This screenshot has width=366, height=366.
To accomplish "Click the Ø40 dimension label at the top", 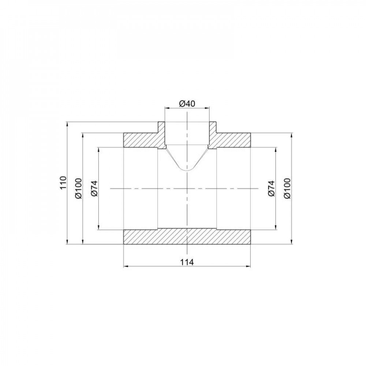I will pos(187,104).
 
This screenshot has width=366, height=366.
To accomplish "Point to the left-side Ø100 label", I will pos(78,188).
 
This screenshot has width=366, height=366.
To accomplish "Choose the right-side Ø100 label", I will pos(287,188).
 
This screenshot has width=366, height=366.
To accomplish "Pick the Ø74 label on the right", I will pos(271,188).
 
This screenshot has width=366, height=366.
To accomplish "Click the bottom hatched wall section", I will pos(187,237).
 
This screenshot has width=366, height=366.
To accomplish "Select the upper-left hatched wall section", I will pos(141,140).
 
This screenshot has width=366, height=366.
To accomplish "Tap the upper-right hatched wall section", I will pos(234,140).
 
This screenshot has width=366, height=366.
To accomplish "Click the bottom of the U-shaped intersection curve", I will pos(187,171).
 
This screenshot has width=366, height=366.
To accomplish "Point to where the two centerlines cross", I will pos(187,188).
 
